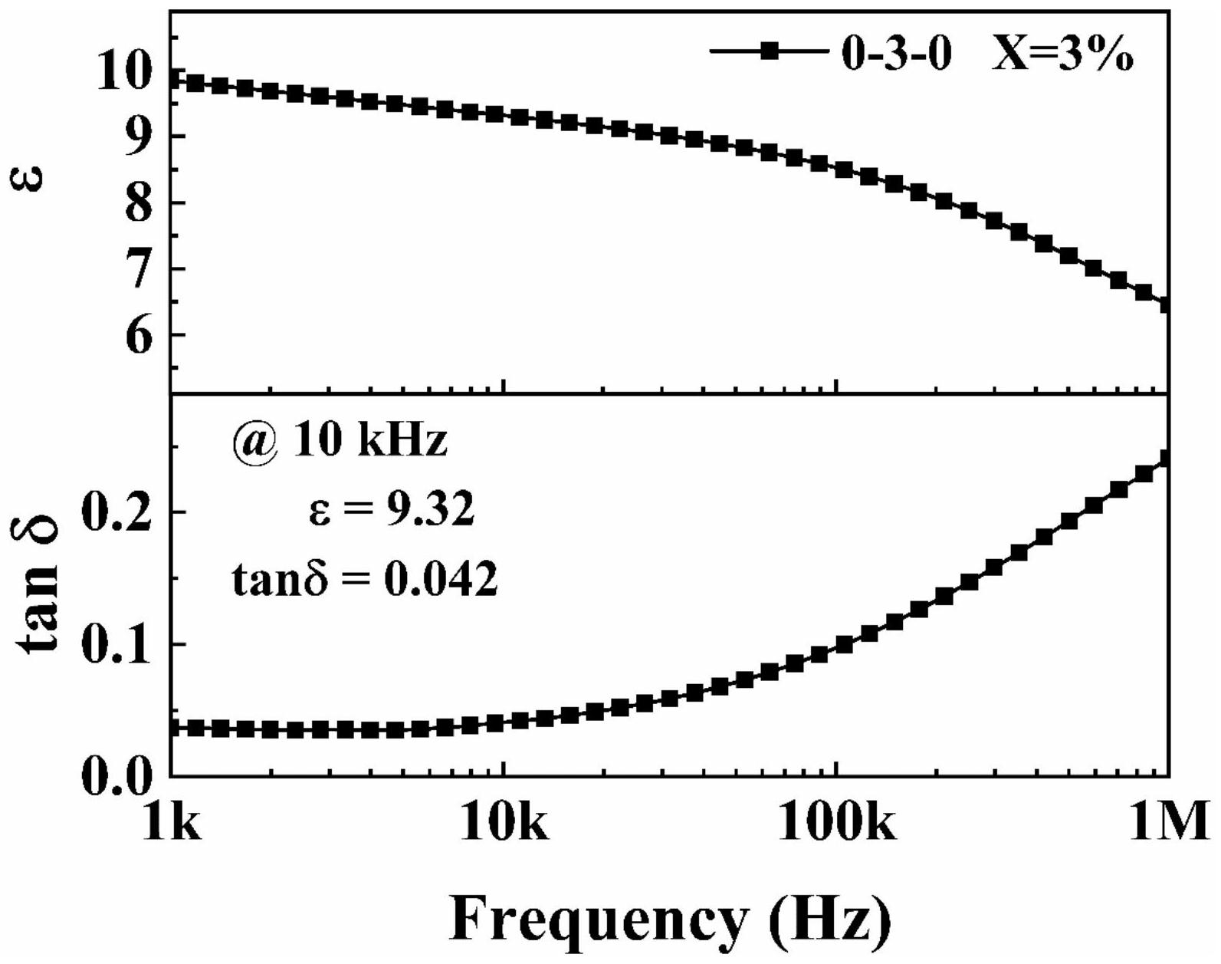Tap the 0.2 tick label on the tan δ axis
pos(116,512)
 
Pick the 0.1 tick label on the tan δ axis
pos(116,644)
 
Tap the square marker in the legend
pos(770,51)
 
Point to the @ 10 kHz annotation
pos(339,442)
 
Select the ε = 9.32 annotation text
pos(391,510)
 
